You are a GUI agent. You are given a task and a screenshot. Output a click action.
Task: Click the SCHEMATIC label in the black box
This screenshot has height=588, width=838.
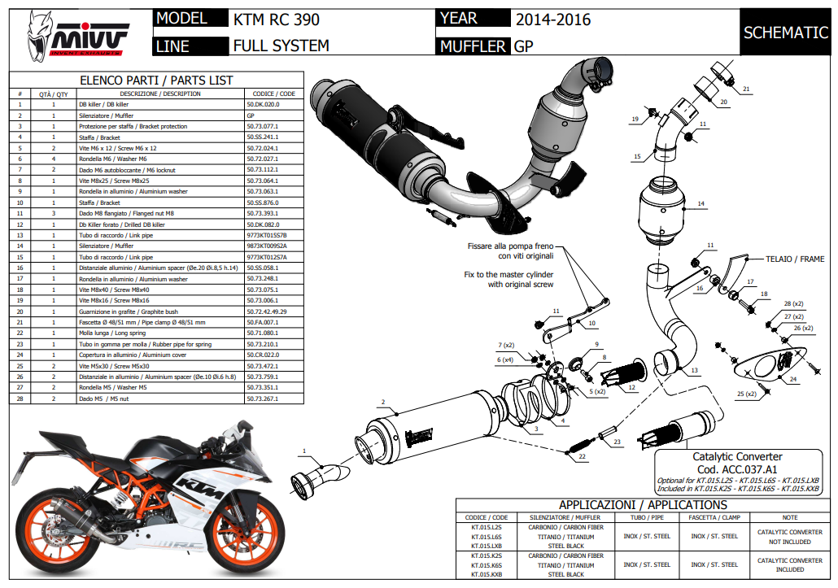785,33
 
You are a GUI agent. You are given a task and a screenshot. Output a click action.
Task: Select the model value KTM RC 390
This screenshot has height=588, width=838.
276,20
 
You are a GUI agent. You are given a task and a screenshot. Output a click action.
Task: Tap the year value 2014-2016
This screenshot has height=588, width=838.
552,20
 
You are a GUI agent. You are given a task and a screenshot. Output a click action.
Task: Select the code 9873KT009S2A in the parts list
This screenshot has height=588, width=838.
266,246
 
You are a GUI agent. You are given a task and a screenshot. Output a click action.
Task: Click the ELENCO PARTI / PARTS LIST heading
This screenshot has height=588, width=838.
156,81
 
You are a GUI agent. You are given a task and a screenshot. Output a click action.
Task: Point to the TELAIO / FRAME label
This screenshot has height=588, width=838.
795,259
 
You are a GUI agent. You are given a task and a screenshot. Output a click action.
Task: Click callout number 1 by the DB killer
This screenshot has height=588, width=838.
304,451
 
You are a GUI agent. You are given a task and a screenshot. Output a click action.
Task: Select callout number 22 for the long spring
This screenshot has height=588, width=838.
582,458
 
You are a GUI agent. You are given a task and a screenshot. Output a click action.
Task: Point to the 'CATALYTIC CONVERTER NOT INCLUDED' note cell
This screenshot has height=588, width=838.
789,537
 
